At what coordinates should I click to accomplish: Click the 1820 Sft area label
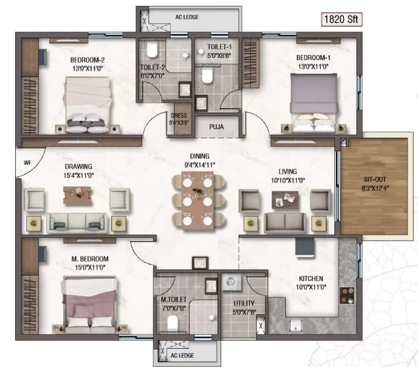tap(341, 19)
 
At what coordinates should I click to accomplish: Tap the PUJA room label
tap(216, 127)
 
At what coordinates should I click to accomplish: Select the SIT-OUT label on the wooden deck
tap(375, 179)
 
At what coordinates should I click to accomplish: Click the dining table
tap(197, 201)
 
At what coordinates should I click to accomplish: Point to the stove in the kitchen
tap(347, 296)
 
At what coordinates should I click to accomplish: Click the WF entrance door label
tap(27, 162)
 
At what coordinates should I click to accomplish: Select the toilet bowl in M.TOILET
tap(173, 323)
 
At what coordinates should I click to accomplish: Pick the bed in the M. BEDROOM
tap(89, 305)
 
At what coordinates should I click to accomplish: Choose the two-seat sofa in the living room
tap(285, 223)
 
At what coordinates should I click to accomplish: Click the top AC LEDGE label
tap(187, 17)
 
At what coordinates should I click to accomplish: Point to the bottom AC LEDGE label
tap(182, 355)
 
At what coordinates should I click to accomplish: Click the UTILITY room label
tap(244, 303)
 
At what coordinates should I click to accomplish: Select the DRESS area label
tap(179, 116)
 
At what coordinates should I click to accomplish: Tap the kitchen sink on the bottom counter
tap(296, 326)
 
